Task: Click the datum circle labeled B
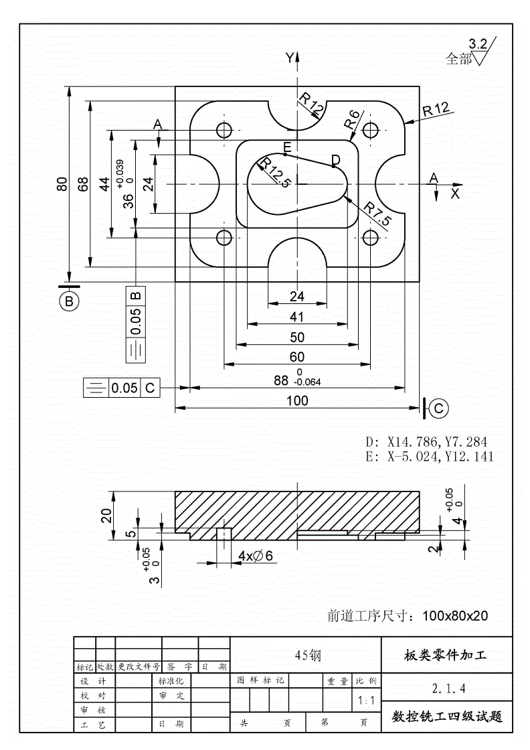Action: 70,301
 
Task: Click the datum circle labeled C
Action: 439,408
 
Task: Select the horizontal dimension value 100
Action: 296,401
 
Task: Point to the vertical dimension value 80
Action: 62,184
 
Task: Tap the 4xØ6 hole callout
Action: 255,556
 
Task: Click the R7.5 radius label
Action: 377,214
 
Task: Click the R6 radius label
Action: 352,120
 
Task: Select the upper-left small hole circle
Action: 224,130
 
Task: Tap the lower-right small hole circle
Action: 370,238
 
